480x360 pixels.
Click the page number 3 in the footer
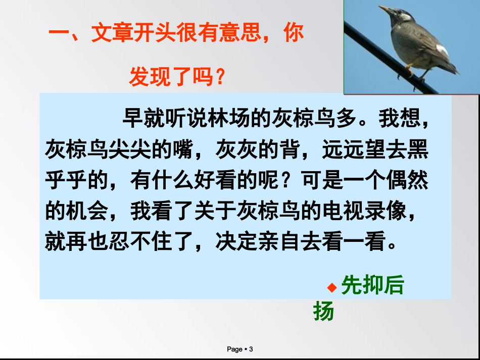pyautogui.click(x=251, y=349)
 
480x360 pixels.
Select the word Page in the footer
pyautogui.click(x=234, y=349)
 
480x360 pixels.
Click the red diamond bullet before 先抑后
pyautogui.click(x=331, y=288)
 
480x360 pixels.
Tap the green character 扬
pyautogui.click(x=324, y=311)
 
